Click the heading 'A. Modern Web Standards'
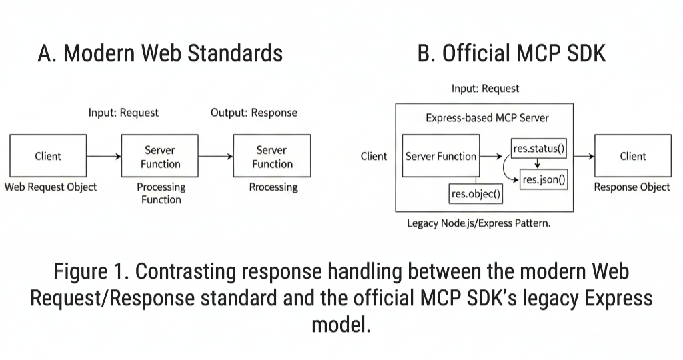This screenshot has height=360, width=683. click(160, 53)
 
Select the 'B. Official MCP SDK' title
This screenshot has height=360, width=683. click(512, 53)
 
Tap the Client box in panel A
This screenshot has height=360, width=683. click(48, 156)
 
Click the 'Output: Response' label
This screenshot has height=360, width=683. click(254, 113)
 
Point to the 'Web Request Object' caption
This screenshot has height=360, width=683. click(51, 187)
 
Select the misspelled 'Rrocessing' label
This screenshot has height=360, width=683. click(273, 187)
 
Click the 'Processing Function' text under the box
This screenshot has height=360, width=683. click(161, 193)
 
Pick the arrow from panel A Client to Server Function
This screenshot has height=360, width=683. click(104, 157)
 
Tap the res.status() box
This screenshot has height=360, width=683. click(538, 149)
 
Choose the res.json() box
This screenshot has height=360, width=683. click(544, 179)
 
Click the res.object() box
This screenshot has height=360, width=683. click(476, 194)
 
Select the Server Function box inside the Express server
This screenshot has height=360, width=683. click(440, 157)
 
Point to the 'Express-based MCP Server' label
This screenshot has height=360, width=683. click(487, 118)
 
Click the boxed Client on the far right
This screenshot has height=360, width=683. click(632, 156)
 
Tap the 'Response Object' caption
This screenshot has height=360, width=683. click(632, 187)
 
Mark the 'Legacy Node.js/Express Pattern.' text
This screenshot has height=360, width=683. click(479, 223)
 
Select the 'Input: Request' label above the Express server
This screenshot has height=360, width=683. click(485, 88)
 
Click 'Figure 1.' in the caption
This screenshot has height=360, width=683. click(91, 273)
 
